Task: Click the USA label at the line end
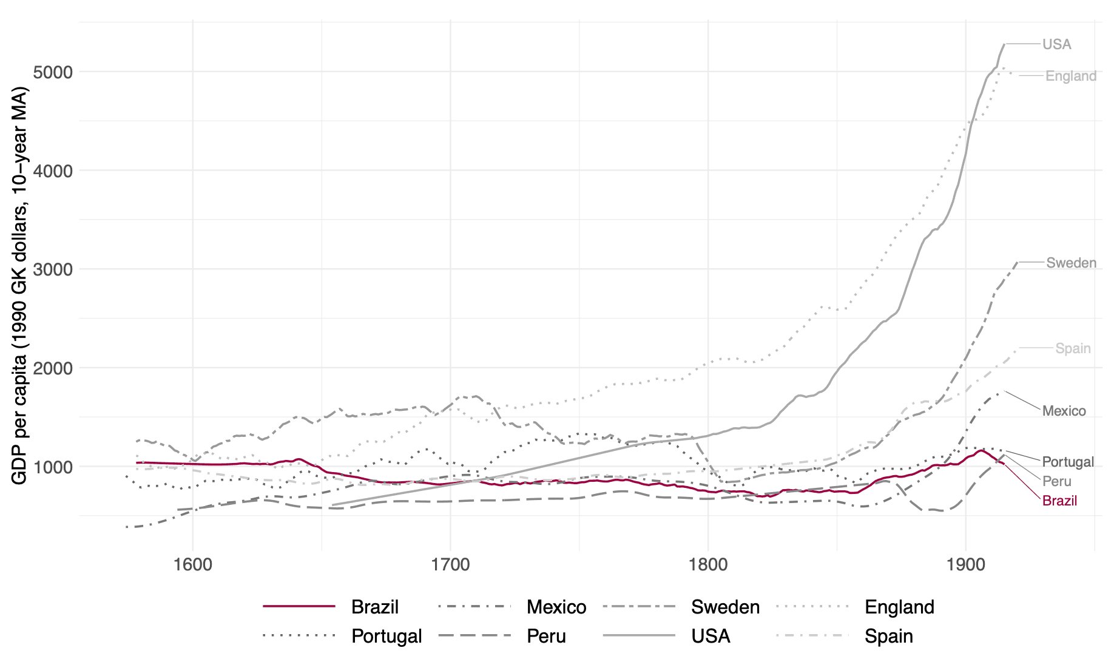tap(1056, 44)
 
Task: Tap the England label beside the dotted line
tap(1071, 76)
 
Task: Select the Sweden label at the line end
tap(1072, 263)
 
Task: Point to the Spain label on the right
tap(1073, 348)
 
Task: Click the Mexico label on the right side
tap(1064, 411)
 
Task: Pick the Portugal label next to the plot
tap(1068, 462)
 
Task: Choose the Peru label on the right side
tap(1057, 481)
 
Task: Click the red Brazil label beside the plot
tap(1060, 501)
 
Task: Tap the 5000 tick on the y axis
tap(52, 72)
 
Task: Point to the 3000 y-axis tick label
tap(52, 269)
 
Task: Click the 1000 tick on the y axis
tap(52, 467)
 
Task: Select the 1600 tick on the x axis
tap(193, 564)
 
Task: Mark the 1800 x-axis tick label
tap(708, 564)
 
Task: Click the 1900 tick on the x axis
tap(966, 564)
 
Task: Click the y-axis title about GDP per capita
tap(19, 286)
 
